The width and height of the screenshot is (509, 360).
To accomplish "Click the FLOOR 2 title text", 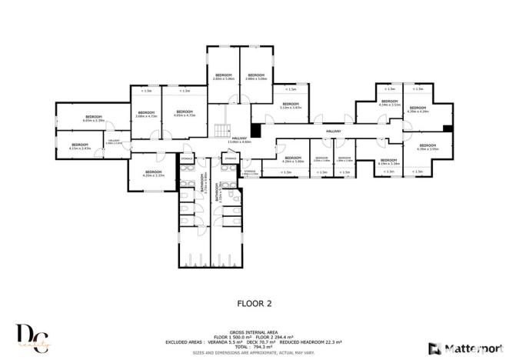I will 254,303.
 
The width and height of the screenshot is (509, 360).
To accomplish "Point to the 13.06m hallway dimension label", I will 240,142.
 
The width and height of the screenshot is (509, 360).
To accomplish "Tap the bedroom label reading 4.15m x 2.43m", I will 81,146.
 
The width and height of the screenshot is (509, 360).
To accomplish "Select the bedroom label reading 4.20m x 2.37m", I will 154,173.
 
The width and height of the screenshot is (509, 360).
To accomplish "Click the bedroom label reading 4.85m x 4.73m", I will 185,114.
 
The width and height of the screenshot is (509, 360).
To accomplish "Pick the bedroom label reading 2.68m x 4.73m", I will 146,115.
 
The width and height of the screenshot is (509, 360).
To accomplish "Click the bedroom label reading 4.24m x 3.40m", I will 293,160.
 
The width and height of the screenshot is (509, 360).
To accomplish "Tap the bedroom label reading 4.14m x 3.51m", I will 390,103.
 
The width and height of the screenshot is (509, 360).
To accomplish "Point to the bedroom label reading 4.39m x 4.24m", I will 418,110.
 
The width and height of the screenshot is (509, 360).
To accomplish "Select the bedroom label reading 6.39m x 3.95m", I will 427,147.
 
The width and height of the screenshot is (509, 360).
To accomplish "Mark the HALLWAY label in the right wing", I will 333,132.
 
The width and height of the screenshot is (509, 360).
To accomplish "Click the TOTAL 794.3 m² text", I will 254,348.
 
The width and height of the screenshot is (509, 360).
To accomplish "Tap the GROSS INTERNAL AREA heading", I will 254,332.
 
